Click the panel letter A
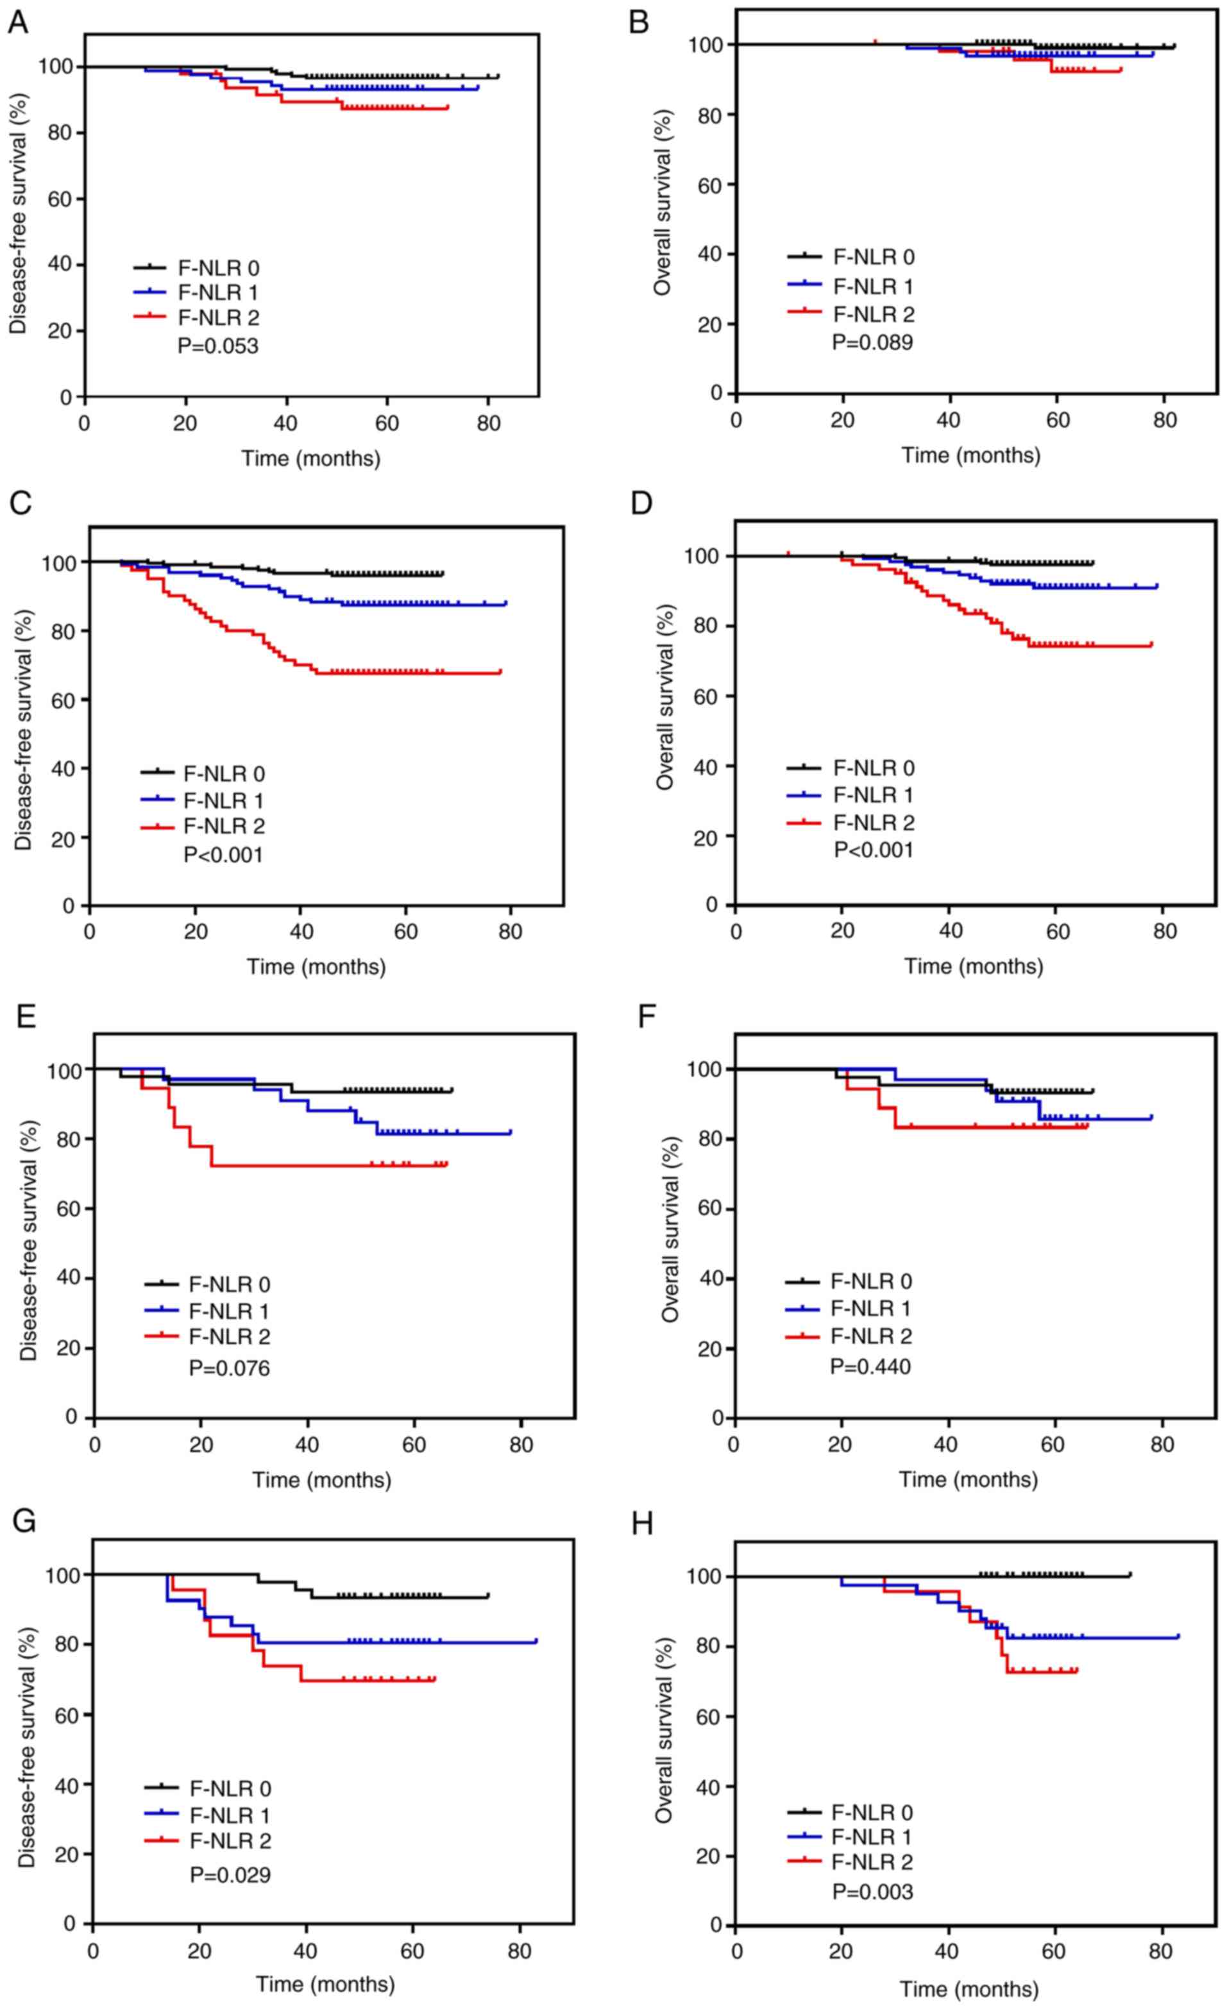point(18,23)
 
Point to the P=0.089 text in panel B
point(872,342)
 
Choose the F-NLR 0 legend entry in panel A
point(219,267)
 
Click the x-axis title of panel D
point(972,967)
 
